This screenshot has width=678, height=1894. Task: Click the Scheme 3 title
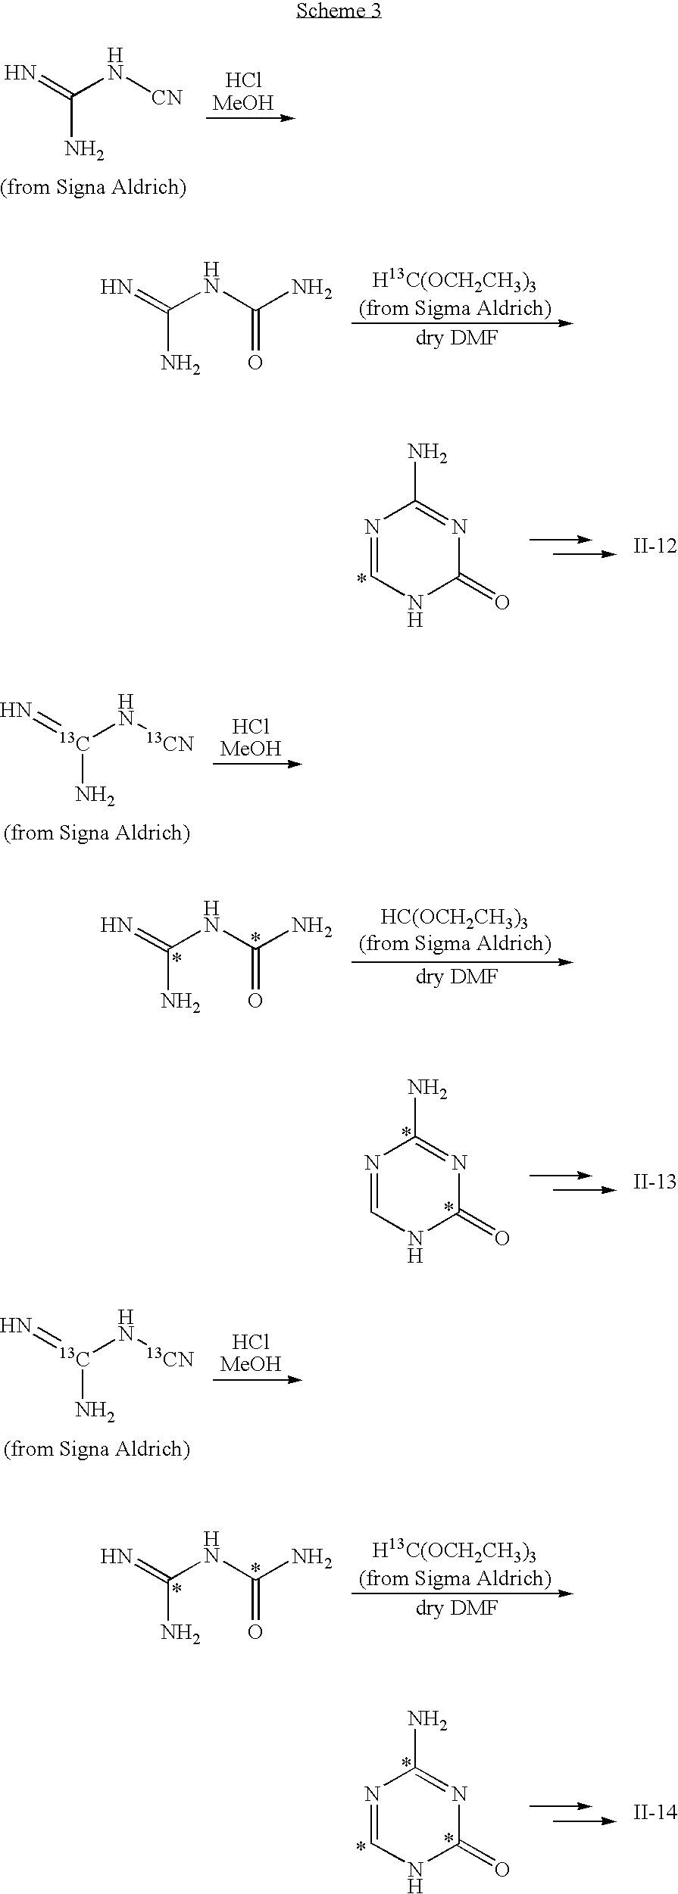coord(339,11)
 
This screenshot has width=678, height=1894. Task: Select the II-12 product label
coord(655,546)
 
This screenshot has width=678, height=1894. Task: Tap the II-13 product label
coord(655,1182)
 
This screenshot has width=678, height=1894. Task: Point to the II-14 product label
coord(655,1811)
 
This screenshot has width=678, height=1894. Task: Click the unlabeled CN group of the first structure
coord(167,98)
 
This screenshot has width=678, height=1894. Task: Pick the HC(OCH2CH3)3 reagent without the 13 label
coord(454,919)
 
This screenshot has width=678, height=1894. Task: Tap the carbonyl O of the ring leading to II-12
coord(501,603)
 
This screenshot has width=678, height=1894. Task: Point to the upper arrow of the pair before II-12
coord(560,540)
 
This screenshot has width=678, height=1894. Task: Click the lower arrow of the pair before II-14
coord(585,1821)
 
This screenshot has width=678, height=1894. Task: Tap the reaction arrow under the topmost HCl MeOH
coord(251,118)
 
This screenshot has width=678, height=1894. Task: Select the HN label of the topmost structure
coord(20,73)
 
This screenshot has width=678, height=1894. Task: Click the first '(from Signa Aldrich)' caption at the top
coord(93,188)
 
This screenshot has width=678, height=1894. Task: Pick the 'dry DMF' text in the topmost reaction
coord(456,338)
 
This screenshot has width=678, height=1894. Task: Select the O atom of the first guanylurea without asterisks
coord(255,363)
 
